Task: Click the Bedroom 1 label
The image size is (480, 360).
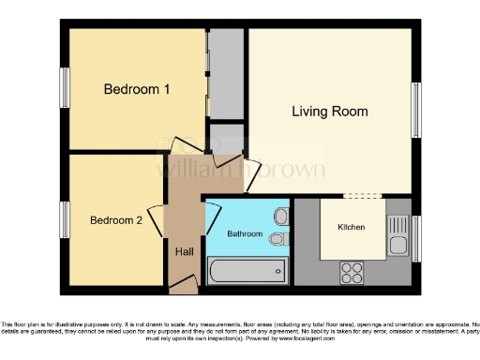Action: click(136, 90)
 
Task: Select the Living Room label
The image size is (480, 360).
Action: click(329, 112)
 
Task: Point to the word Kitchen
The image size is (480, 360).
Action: click(352, 228)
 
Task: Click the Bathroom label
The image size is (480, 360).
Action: click(245, 232)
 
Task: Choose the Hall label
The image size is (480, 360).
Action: click(184, 250)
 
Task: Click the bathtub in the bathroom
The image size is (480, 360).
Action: click(246, 273)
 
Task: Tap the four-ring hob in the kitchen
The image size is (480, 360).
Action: click(352, 272)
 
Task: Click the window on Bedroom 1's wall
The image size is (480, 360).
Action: click(66, 90)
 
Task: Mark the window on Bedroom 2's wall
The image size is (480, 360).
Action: click(66, 220)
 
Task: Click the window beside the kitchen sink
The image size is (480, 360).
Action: click(415, 238)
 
